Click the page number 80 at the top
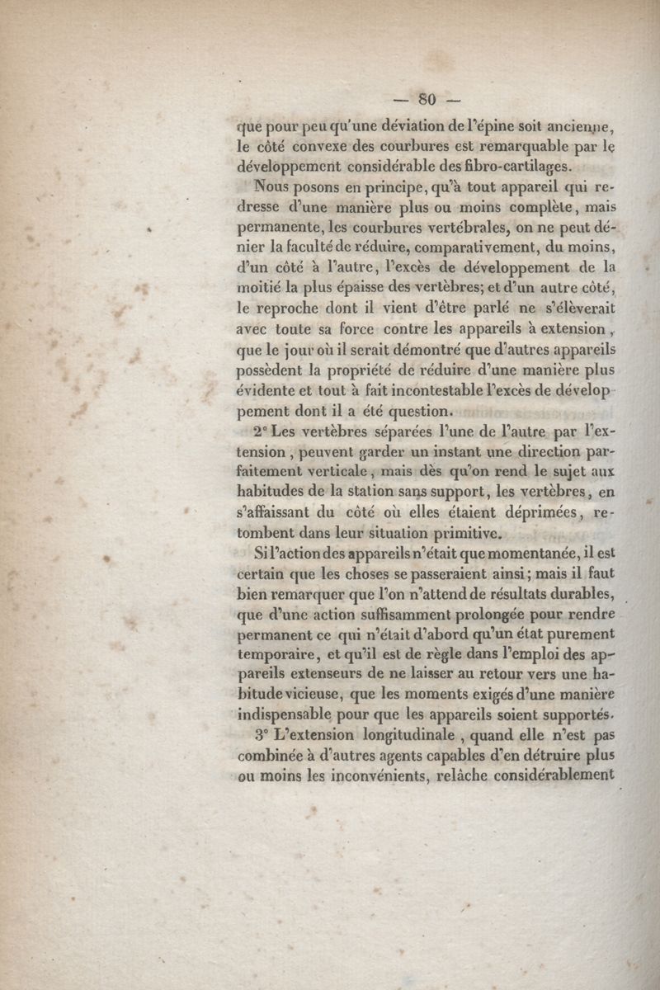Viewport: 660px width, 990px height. tap(427, 100)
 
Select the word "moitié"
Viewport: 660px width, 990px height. tap(262, 288)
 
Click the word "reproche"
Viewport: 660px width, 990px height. tap(299, 309)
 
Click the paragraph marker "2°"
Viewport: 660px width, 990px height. tap(262, 431)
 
